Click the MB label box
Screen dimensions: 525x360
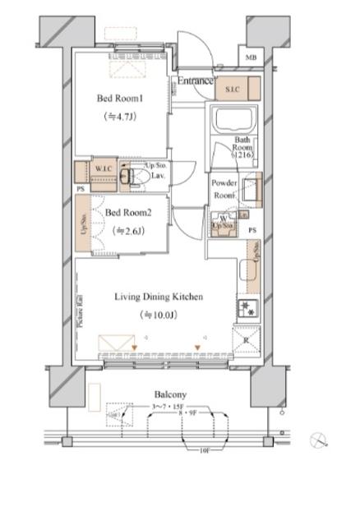tap(251, 58)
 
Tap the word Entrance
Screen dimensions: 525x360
tap(196, 81)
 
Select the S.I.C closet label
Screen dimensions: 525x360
tap(228, 87)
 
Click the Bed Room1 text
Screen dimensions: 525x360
tap(121, 99)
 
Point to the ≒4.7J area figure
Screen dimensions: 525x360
tap(121, 117)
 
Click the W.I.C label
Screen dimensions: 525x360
tap(103, 170)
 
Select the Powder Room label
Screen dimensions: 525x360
tap(224, 189)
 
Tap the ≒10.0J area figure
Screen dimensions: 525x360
tap(158, 315)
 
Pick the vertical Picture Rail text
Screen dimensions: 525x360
tap(80, 310)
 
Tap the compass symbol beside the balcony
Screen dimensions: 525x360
tap(319, 440)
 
